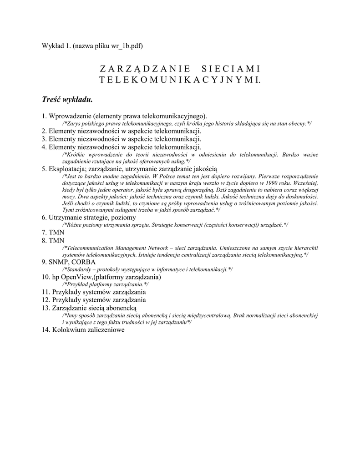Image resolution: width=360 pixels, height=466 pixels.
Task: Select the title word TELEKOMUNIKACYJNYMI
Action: point(180,80)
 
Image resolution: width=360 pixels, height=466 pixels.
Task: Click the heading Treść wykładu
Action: point(67,98)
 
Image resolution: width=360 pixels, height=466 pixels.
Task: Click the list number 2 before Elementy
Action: point(44,131)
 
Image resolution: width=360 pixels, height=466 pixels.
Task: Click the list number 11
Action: point(45,291)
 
